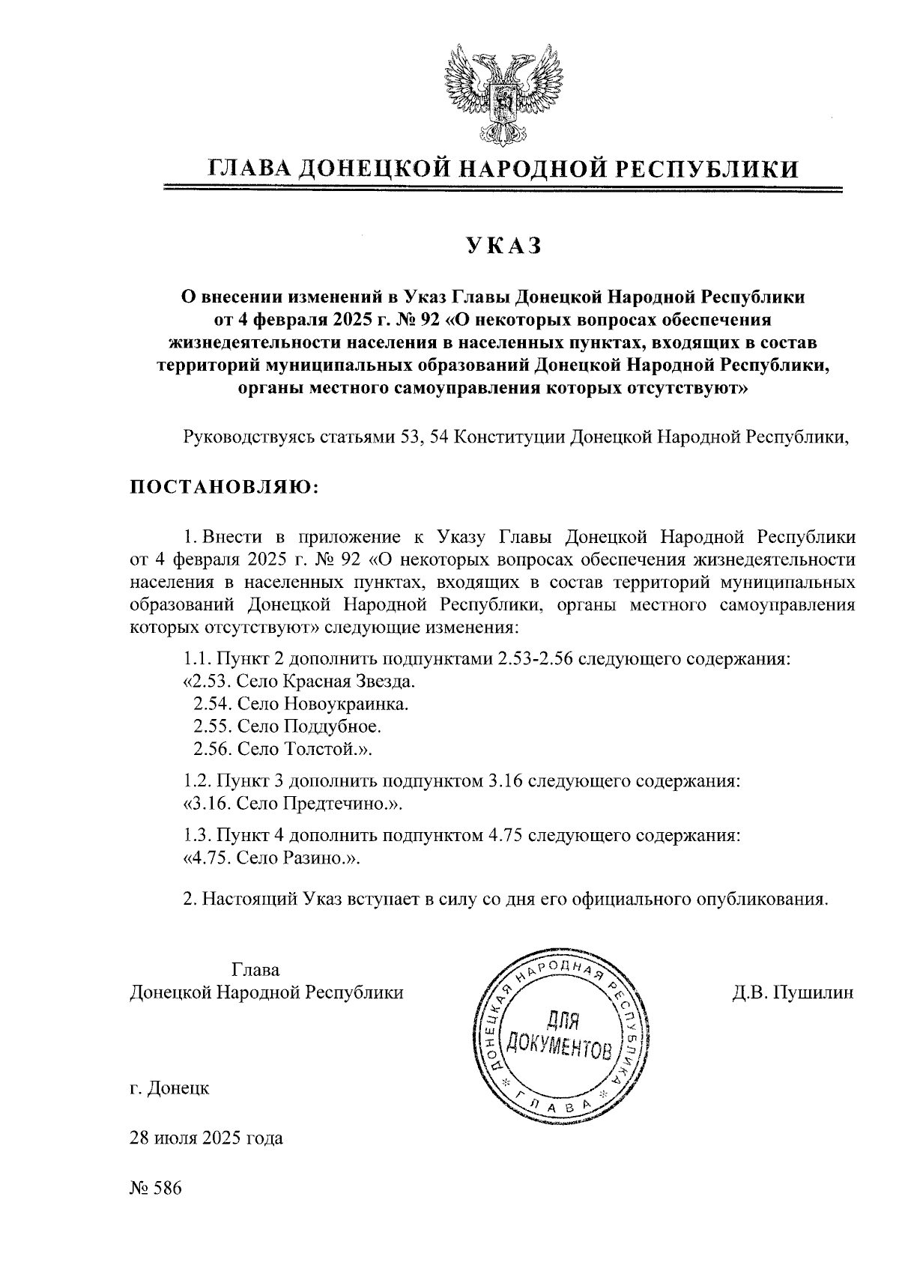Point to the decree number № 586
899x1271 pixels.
[156, 1189]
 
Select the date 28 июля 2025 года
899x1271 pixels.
[206, 1138]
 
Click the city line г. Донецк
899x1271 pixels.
[169, 1088]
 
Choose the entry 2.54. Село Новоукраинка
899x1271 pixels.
[301, 704]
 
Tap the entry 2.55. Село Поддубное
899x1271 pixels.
[287, 726]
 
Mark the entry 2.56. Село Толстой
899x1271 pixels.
[282, 749]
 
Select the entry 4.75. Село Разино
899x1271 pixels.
[272, 858]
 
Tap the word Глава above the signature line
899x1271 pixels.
[255, 971]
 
